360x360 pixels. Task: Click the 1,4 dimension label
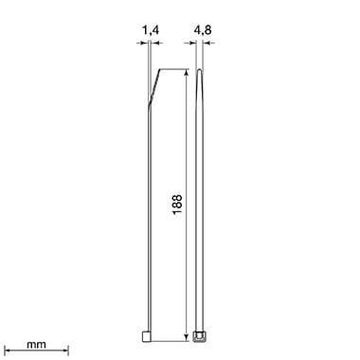pyautogui.click(x=151, y=30)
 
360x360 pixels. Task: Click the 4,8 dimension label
pyautogui.click(x=203, y=30)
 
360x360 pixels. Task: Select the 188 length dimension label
pyautogui.click(x=177, y=204)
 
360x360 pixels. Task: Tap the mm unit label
pyautogui.click(x=36, y=344)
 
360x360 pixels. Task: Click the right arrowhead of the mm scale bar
pyautogui.click(x=65, y=351)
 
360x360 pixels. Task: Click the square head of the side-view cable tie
pyautogui.click(x=147, y=336)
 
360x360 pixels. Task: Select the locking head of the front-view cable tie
pyautogui.click(x=199, y=336)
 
